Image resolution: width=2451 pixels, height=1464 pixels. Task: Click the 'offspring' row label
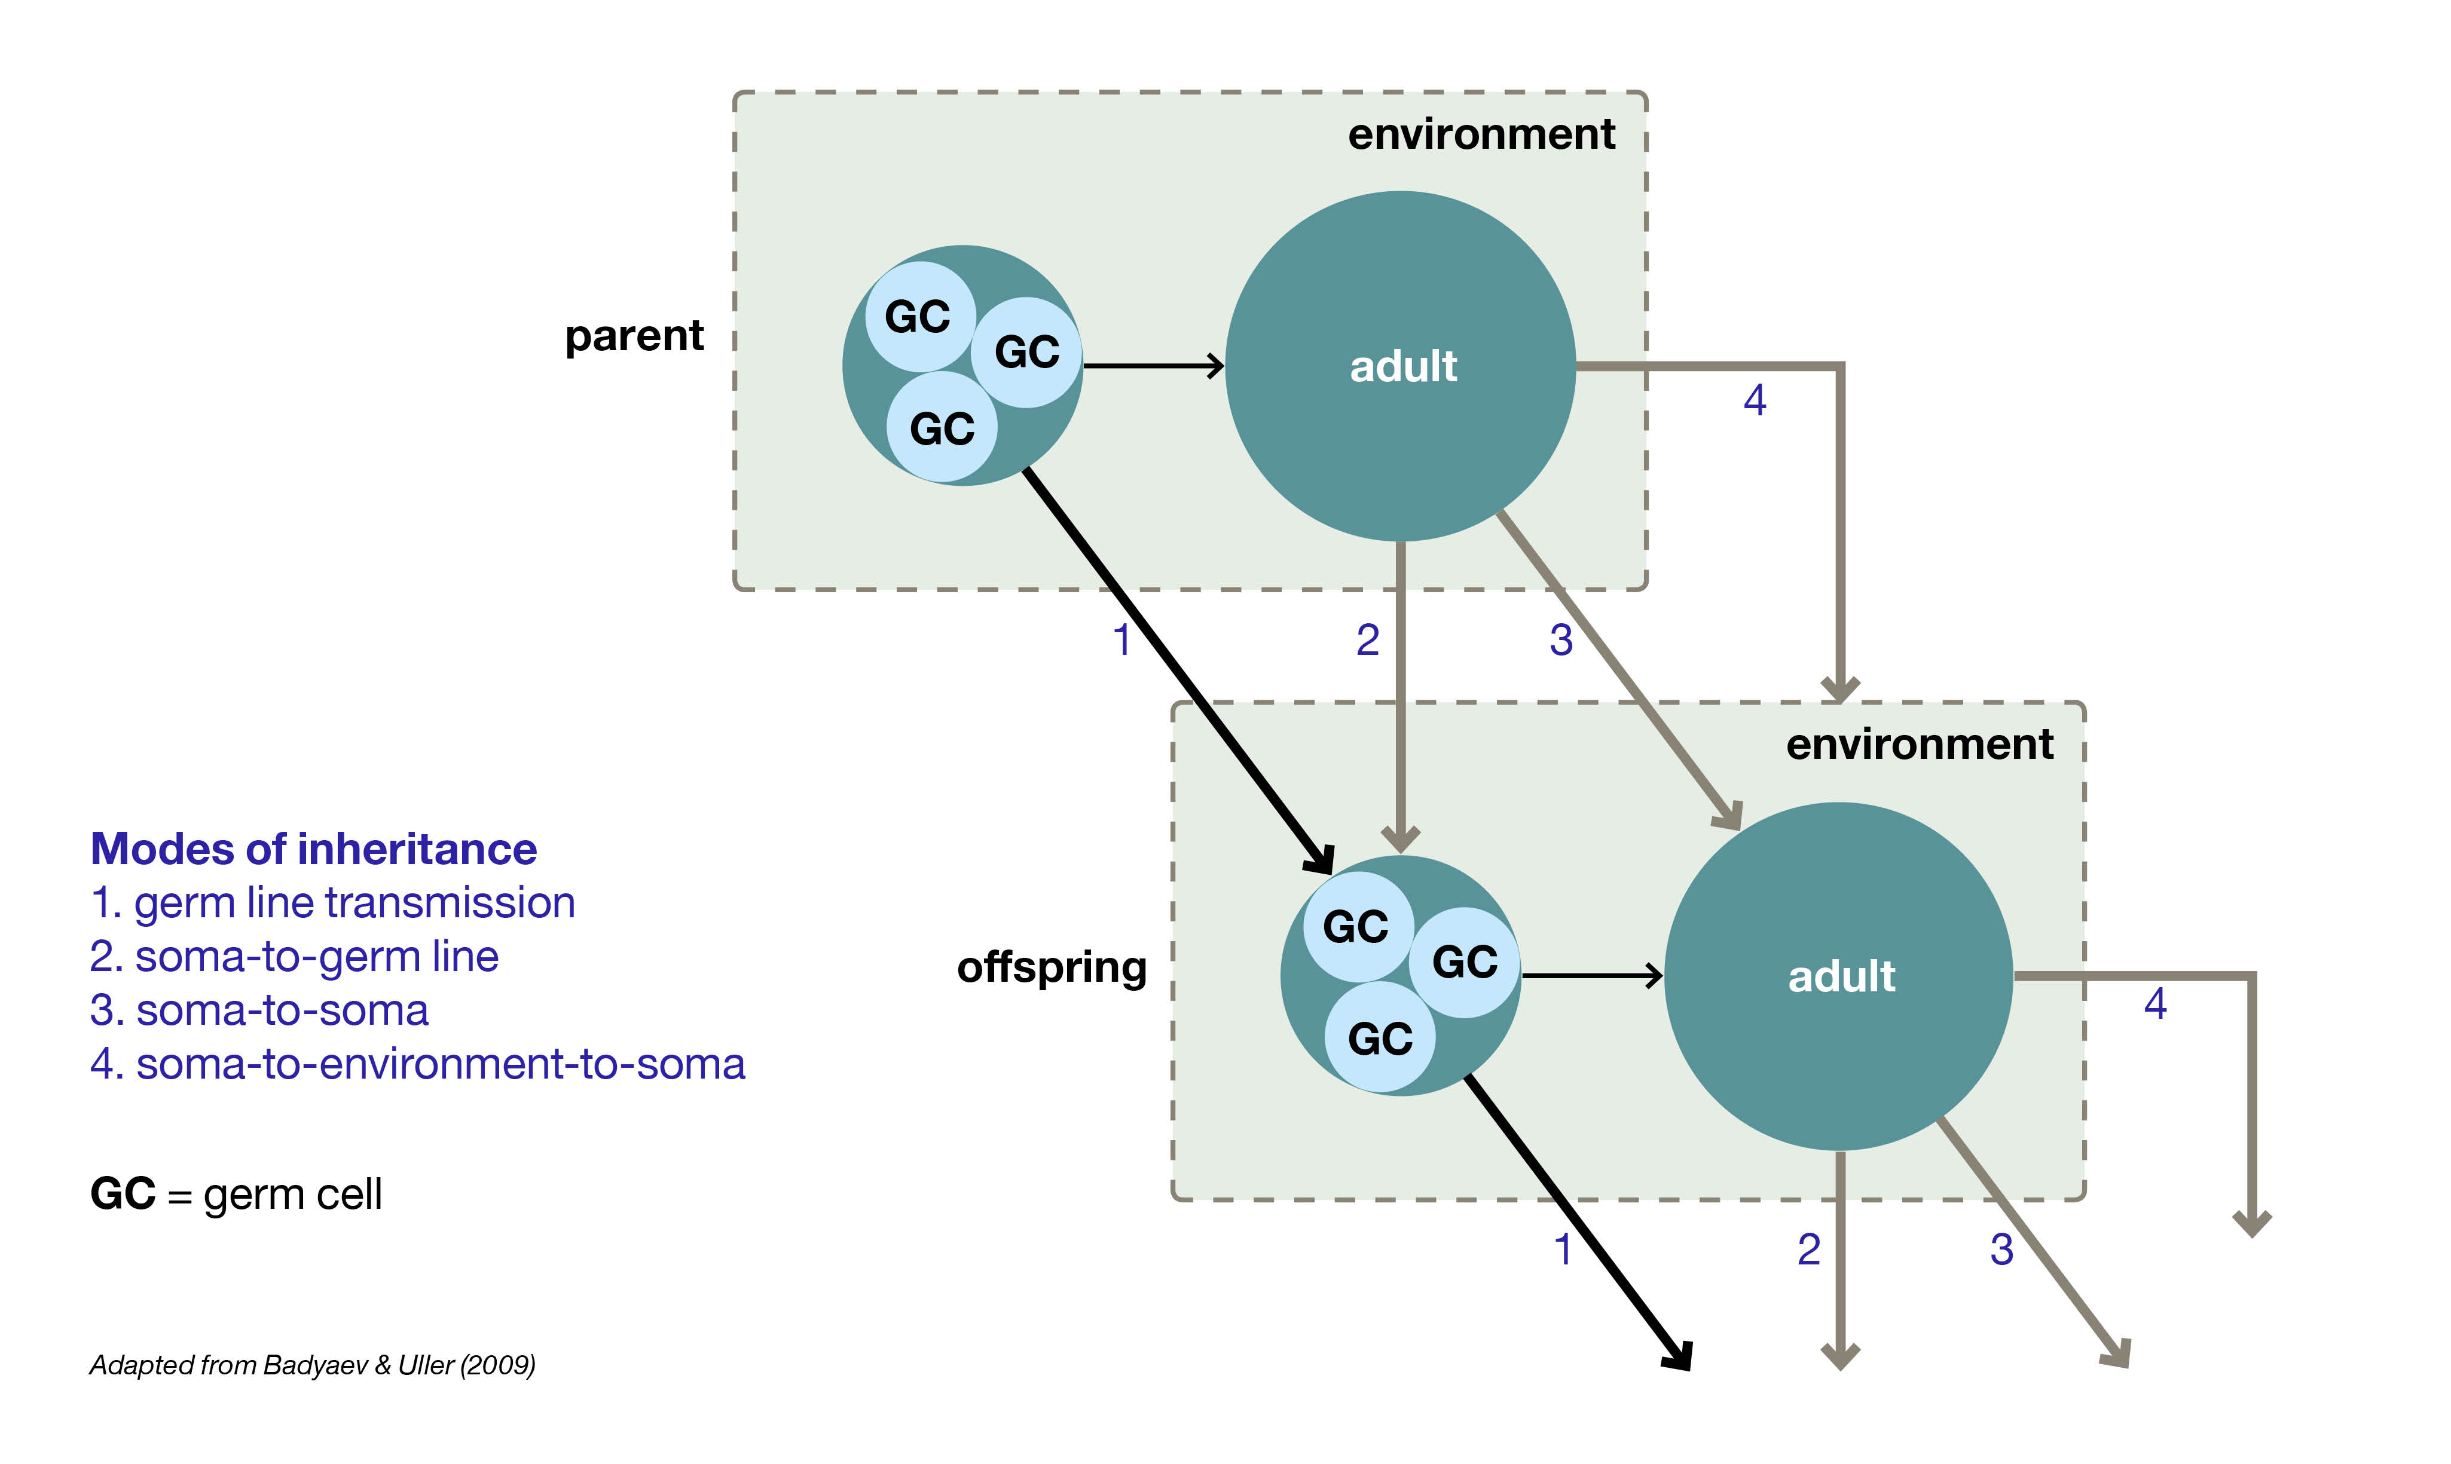point(1052,968)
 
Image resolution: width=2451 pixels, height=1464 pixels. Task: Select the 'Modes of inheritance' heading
point(314,849)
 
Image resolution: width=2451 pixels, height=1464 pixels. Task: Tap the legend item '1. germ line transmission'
point(332,903)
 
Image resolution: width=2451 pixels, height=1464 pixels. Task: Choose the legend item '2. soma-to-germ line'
point(294,957)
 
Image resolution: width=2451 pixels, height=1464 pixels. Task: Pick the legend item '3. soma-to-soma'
point(259,1011)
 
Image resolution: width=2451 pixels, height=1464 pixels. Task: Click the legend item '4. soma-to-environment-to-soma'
point(417,1064)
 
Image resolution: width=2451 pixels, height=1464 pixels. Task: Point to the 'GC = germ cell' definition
point(236,1195)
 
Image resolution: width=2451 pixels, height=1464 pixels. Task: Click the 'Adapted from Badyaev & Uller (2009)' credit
point(313,1365)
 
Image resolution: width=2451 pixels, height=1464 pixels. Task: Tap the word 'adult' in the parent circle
point(1402,367)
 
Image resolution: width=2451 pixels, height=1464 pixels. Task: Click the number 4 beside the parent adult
point(1755,400)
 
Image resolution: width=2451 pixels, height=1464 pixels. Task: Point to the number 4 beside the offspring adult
point(2155,1004)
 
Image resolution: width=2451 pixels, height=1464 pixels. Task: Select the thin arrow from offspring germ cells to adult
point(1591,976)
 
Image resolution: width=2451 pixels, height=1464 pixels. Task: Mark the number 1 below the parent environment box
point(1122,640)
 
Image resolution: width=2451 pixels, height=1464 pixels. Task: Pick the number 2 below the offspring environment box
point(1808,1250)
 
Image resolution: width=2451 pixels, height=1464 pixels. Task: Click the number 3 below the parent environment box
point(1561,640)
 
